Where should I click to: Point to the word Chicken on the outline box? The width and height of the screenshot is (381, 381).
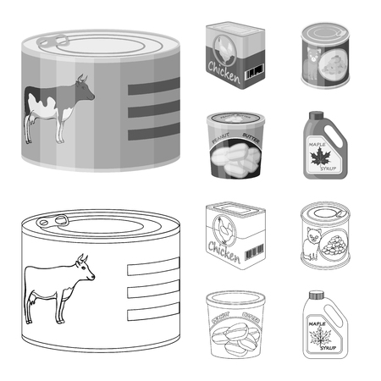pos(223,251)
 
